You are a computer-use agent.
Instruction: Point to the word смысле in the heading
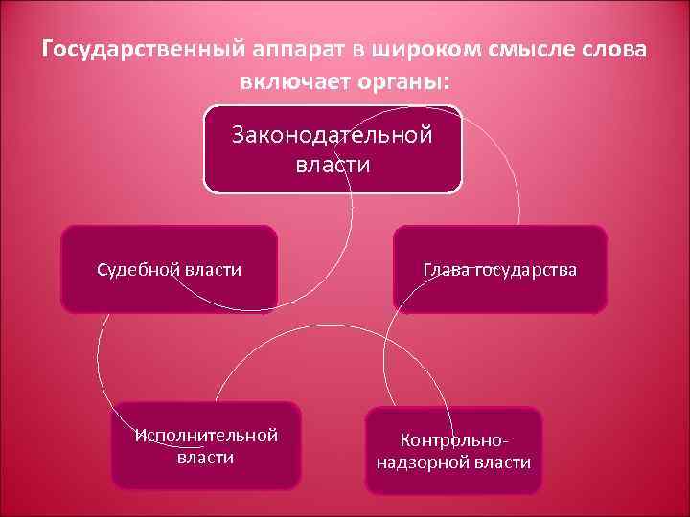pos(523,49)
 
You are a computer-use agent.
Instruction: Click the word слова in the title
pos(615,49)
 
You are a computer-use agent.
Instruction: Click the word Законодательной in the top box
pos(333,135)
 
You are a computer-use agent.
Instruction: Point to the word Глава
pos(446,270)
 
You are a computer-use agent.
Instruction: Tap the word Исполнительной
pos(207,436)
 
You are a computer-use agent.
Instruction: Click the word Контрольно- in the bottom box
pos(453,441)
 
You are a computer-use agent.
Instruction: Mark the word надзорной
pos(421,462)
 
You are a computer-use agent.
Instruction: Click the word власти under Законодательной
pos(333,165)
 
